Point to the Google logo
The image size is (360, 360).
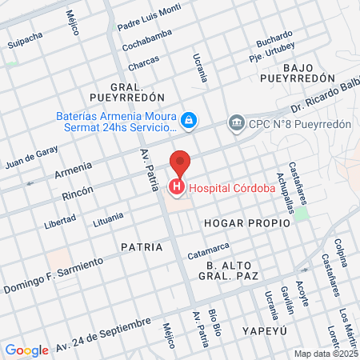tap(26, 350)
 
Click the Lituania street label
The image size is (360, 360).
tap(108, 216)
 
